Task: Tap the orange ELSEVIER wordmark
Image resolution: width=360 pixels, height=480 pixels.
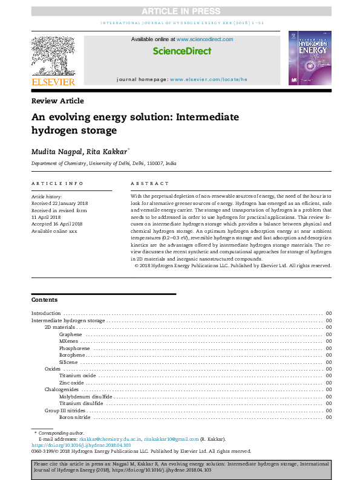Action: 53,82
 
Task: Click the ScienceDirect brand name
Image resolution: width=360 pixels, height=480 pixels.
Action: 182,51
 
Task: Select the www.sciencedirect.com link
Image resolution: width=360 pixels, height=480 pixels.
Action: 205,39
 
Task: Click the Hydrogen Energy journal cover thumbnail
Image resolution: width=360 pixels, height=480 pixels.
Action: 310,58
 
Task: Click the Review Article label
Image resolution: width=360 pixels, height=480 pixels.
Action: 58,101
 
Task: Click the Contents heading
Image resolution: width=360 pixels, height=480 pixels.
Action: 44,300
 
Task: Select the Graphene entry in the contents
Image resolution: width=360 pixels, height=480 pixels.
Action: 70,334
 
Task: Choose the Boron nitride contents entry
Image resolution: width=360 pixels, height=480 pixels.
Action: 75,417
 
